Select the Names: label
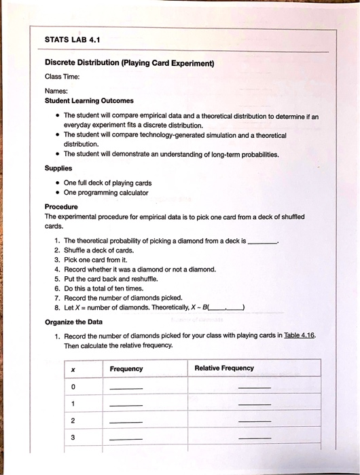pos(56,90)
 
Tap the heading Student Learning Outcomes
pos(89,100)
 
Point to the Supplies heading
pos(58,168)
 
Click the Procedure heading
pos(61,206)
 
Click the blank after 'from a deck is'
pos(263,241)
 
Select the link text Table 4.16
pos(300,335)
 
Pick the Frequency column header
pos(126,368)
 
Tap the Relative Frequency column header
pos(224,368)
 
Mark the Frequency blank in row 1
pos(126,405)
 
